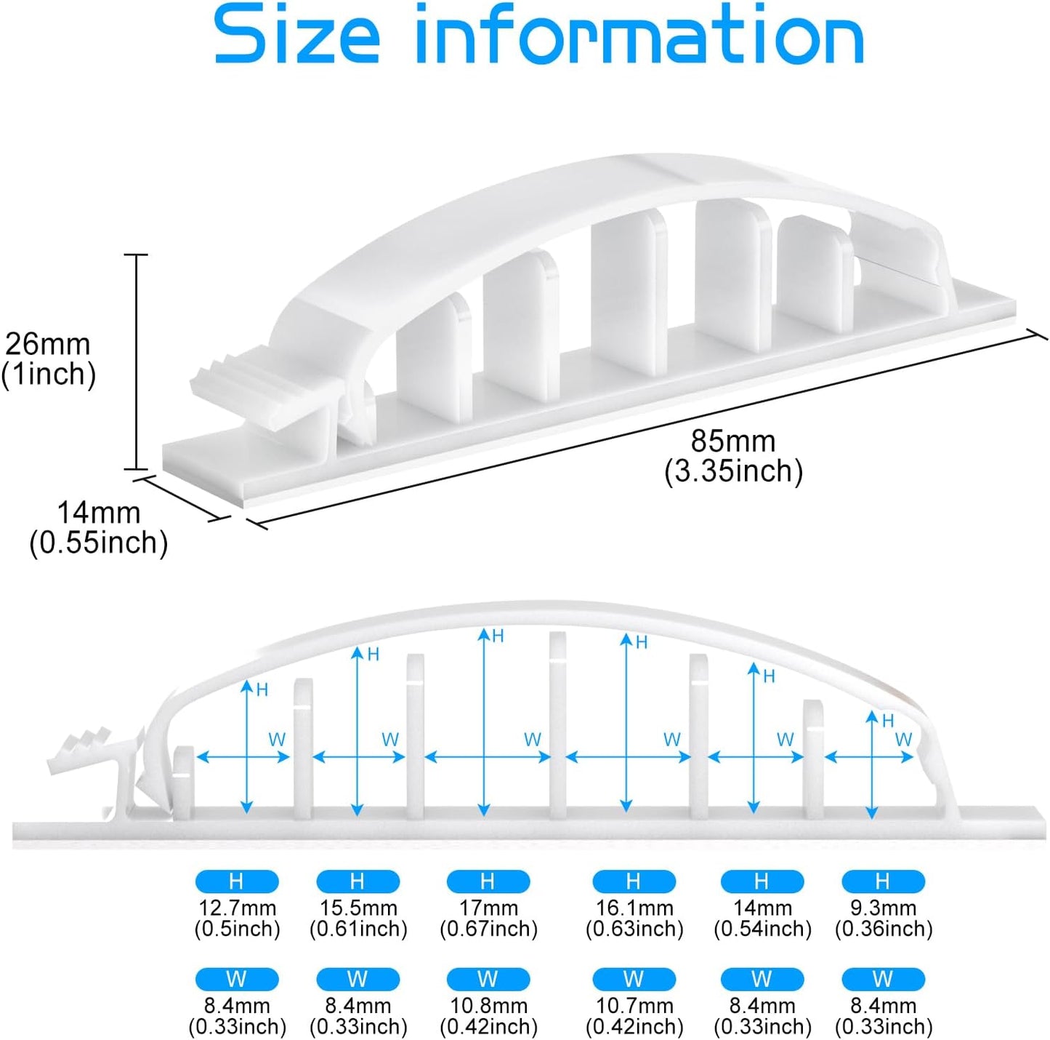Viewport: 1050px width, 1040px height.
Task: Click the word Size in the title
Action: click(297, 33)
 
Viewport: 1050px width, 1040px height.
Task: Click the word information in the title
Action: click(639, 33)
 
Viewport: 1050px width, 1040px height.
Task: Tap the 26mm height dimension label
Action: click(47, 344)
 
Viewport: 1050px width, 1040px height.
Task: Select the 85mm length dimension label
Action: click(733, 441)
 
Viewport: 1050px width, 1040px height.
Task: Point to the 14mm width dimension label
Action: click(99, 513)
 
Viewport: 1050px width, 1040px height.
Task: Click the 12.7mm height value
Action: click(237, 908)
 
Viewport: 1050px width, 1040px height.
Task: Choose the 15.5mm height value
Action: click(358, 908)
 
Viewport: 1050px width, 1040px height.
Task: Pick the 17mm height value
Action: click(488, 908)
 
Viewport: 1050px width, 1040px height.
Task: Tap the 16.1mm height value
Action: click(634, 908)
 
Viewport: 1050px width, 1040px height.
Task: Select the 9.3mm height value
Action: click(884, 908)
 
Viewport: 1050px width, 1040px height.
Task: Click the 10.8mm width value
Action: click(488, 1005)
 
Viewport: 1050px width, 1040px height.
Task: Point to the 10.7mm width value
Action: click(634, 1005)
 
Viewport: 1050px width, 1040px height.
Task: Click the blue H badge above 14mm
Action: click(762, 881)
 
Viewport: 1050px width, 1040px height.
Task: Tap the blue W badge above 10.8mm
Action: click(488, 979)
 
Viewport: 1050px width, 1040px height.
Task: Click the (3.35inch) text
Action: click(733, 471)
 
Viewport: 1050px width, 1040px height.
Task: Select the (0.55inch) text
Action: click(99, 543)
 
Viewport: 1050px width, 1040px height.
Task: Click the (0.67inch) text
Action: click(489, 928)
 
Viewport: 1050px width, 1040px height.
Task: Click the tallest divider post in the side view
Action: click(558, 725)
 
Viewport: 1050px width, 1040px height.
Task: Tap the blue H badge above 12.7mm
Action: click(237, 881)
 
